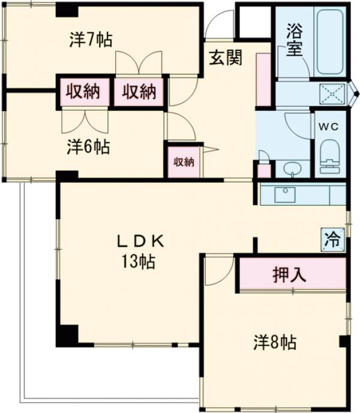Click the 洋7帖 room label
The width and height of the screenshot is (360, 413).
[x=91, y=40]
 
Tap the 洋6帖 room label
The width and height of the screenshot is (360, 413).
[x=88, y=146]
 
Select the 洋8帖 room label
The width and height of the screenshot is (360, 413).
[x=274, y=343]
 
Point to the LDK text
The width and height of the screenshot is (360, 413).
[x=140, y=241]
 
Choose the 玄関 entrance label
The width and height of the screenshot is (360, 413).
[x=226, y=58]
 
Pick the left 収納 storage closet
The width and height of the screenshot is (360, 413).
[x=83, y=92]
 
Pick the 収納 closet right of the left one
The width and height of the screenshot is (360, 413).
[x=140, y=92]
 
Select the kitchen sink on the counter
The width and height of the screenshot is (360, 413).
[x=283, y=193]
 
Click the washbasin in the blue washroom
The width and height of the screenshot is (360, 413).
[x=292, y=167]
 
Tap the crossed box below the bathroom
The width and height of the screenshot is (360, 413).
[x=332, y=94]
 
